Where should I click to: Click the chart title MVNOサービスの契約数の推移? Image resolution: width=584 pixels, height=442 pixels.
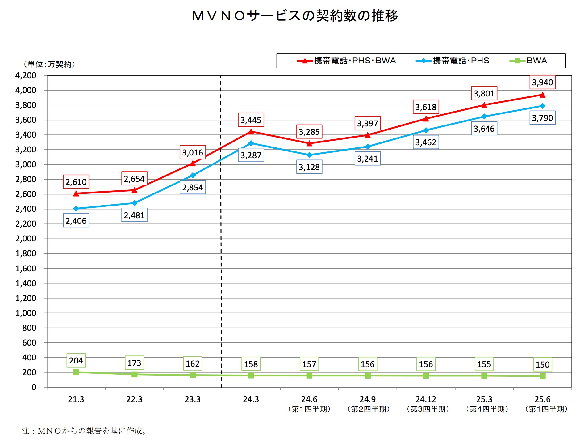pos(295,16)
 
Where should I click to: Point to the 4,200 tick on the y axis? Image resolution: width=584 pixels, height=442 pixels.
pos(26,75)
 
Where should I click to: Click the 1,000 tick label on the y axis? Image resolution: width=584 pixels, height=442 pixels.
pos(26,313)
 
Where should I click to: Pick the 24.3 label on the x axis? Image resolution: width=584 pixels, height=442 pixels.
pos(251,399)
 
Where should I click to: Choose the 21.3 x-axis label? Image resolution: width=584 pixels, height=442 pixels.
pos(76,399)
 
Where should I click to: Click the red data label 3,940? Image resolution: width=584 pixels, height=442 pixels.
pos(542,83)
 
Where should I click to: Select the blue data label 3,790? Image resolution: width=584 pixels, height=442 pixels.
pos(542,118)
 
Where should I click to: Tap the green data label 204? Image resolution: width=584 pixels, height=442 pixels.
pos(76,360)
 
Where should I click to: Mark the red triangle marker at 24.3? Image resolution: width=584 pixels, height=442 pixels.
pos(251,132)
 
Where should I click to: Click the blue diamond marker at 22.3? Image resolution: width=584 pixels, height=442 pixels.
pos(134,203)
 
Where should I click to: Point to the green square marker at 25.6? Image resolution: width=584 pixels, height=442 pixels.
pos(542,376)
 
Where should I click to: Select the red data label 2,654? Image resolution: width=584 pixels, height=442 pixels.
pos(134,179)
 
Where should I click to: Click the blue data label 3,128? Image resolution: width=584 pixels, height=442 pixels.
pos(309,167)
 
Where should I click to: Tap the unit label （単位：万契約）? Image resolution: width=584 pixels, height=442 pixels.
pos(49,64)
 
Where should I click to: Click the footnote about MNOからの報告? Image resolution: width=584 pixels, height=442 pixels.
pos(84,431)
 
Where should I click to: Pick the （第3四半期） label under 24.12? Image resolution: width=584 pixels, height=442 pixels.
pos(428,409)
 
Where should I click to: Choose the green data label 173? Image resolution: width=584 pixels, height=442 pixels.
pos(134,363)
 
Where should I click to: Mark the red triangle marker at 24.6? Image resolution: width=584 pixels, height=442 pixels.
pos(309,143)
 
